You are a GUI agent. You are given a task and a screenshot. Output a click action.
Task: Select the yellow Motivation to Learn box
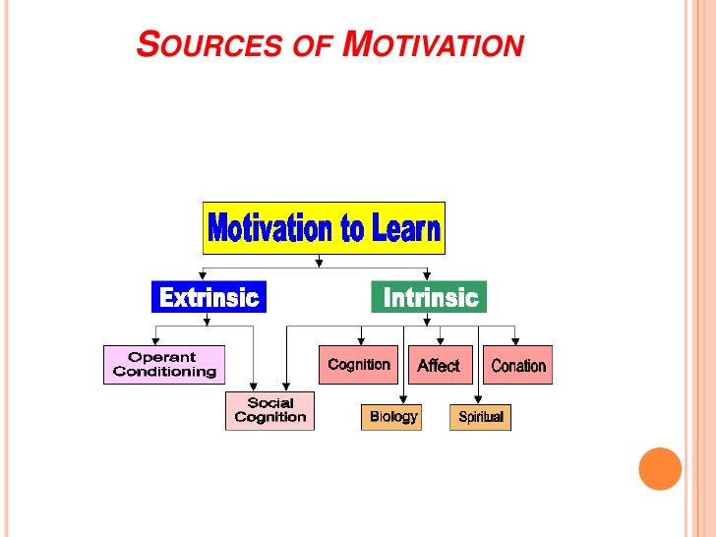pyautogui.click(x=324, y=229)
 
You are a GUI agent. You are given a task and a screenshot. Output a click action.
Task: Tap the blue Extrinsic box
pyautogui.click(x=209, y=297)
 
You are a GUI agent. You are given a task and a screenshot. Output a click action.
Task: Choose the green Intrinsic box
pyautogui.click(x=429, y=297)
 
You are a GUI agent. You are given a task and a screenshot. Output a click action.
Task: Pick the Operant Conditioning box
pyautogui.click(x=164, y=365)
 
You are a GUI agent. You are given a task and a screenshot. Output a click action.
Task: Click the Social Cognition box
pyautogui.click(x=269, y=410)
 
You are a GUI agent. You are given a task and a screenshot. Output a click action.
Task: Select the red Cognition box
pyautogui.click(x=359, y=365)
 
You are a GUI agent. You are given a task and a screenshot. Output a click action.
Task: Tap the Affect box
pyautogui.click(x=438, y=365)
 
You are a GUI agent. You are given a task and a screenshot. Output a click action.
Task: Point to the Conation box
pyautogui.click(x=517, y=365)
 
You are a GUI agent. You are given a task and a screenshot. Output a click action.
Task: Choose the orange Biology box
pyautogui.click(x=392, y=417)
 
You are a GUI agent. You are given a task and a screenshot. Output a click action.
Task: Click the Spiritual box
pyautogui.click(x=480, y=417)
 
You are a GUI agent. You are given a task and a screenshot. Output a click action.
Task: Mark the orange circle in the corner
pyautogui.click(x=660, y=469)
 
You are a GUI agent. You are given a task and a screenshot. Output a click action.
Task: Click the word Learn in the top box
pyautogui.click(x=404, y=229)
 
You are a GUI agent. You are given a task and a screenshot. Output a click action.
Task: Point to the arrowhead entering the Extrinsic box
pyautogui.click(x=202, y=277)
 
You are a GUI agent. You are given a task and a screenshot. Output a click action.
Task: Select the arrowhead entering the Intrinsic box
pyautogui.click(x=428, y=277)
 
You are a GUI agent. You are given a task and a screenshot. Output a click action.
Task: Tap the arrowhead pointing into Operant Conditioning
pyautogui.click(x=156, y=341)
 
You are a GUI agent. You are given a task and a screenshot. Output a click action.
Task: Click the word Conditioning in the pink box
pyautogui.click(x=164, y=372)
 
